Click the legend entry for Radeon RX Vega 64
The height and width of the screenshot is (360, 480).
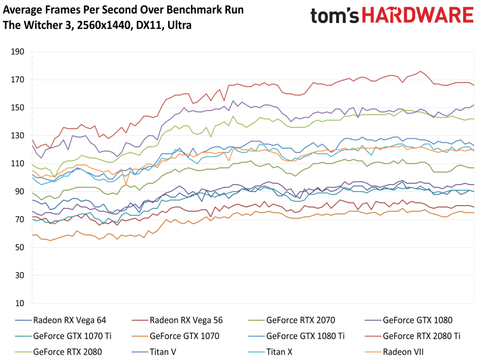click(70, 320)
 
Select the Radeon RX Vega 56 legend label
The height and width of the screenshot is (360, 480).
click(187, 320)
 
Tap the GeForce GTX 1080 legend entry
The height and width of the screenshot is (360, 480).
click(417, 320)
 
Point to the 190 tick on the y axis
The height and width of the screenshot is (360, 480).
click(18, 51)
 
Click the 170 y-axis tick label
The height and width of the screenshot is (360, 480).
click(18, 80)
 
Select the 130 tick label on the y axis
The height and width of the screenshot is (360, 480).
click(18, 136)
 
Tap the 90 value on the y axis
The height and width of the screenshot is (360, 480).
click(20, 192)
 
